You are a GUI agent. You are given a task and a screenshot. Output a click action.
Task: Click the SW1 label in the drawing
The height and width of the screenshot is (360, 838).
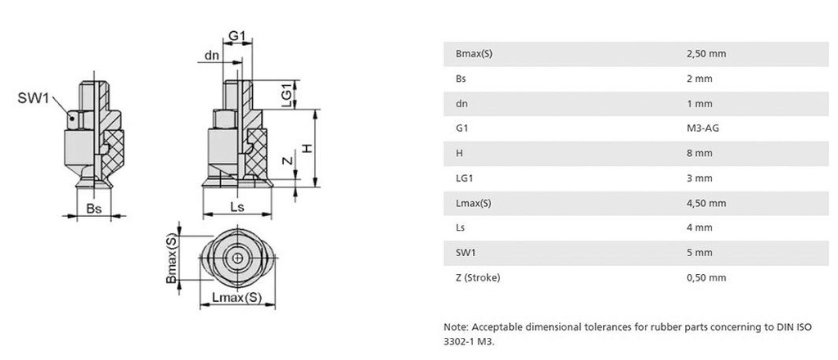(34, 99)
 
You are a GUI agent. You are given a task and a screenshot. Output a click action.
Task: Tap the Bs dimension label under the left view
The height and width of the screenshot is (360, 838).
(93, 210)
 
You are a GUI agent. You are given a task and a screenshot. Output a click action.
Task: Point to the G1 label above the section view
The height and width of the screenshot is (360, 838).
(237, 36)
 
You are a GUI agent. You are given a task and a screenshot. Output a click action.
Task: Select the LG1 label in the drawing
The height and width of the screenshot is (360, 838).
(286, 93)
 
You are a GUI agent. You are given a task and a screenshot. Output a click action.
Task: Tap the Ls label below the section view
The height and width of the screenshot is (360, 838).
(237, 208)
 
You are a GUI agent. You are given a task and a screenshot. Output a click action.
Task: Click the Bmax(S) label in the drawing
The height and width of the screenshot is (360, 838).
(171, 259)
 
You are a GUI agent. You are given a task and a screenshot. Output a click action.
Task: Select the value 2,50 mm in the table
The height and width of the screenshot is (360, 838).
(706, 54)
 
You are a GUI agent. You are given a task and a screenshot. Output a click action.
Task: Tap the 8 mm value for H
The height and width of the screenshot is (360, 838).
(700, 153)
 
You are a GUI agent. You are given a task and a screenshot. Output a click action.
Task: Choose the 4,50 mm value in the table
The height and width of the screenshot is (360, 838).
(706, 203)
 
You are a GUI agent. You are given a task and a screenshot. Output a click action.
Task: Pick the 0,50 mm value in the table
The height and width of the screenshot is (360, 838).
(706, 277)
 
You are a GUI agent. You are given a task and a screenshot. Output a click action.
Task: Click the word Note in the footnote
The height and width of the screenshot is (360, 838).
(455, 326)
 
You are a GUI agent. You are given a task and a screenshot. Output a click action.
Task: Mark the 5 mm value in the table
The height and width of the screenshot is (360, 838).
(700, 253)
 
